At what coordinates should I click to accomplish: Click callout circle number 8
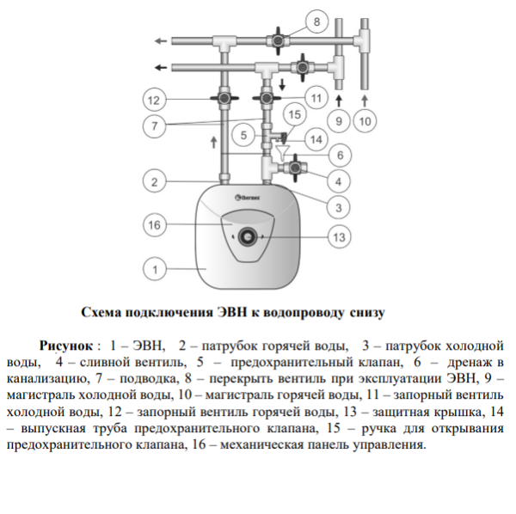[316, 22]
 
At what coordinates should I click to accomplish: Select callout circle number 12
[154, 100]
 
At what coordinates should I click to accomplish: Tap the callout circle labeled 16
[154, 225]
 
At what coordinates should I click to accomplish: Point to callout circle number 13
[339, 237]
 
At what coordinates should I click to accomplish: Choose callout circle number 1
[155, 269]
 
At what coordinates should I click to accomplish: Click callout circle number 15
[294, 114]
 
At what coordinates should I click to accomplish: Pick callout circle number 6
[340, 156]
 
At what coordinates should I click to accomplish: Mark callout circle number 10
[365, 121]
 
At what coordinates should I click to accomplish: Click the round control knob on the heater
[247, 237]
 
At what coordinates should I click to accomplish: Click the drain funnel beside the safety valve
[282, 153]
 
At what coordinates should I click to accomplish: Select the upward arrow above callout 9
[339, 101]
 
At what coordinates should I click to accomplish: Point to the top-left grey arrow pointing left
[161, 41]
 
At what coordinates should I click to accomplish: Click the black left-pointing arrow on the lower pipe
[161, 68]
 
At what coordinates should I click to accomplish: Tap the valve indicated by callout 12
[224, 98]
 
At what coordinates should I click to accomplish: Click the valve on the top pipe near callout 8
[278, 41]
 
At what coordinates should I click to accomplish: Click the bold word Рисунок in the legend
[66, 346]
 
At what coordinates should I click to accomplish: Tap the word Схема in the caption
[101, 312]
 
